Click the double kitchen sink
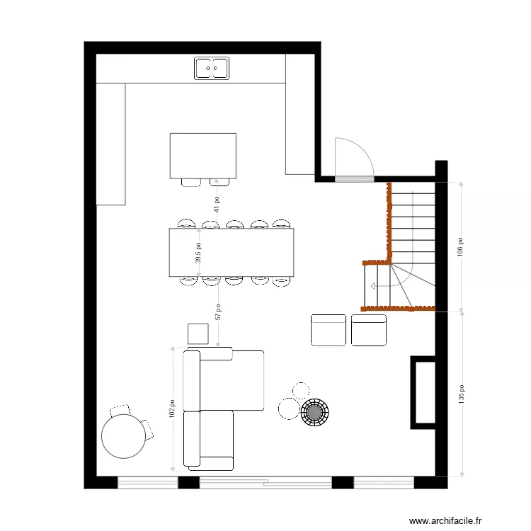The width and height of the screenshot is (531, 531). pos(212,68)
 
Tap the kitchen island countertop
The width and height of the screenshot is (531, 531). pos(202,155)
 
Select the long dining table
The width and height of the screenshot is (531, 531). pos(231,252)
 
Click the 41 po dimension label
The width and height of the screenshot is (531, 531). pos(217,204)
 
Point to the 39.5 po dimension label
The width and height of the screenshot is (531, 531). pos(199,252)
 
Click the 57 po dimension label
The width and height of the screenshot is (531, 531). pos(218,312)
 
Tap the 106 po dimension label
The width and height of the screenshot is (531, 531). pos(461,246)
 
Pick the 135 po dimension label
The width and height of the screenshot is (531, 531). pos(461,394)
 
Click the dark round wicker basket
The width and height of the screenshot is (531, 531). pos(314,412)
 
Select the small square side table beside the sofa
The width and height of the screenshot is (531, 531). pos(198,333)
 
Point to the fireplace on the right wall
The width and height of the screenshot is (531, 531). pos(423,392)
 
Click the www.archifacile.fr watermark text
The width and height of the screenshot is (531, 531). pos(445,520)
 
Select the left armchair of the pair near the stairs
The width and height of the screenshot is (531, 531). pos(329,330)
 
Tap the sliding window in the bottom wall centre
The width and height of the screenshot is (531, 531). pos(265,483)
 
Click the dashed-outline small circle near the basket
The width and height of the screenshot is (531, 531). pos(300,389)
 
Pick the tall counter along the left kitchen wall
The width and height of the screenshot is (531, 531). pos(110,144)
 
